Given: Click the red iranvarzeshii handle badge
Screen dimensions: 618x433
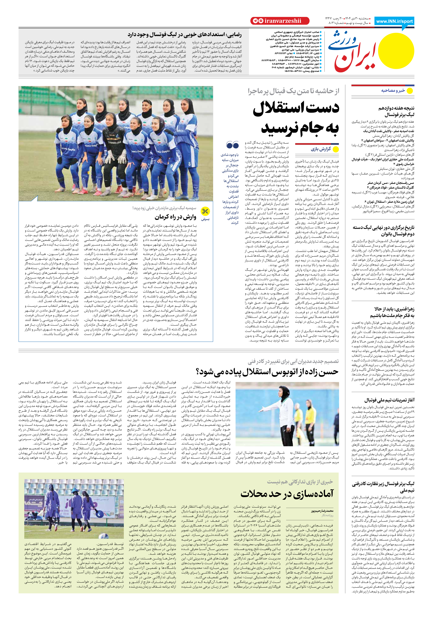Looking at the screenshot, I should (x=280, y=21).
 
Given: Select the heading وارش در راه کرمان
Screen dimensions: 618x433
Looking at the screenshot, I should (x=175, y=217).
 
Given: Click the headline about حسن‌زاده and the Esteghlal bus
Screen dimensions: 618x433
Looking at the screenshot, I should (x=267, y=372).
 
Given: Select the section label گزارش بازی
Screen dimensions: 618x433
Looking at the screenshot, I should (x=321, y=149).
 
